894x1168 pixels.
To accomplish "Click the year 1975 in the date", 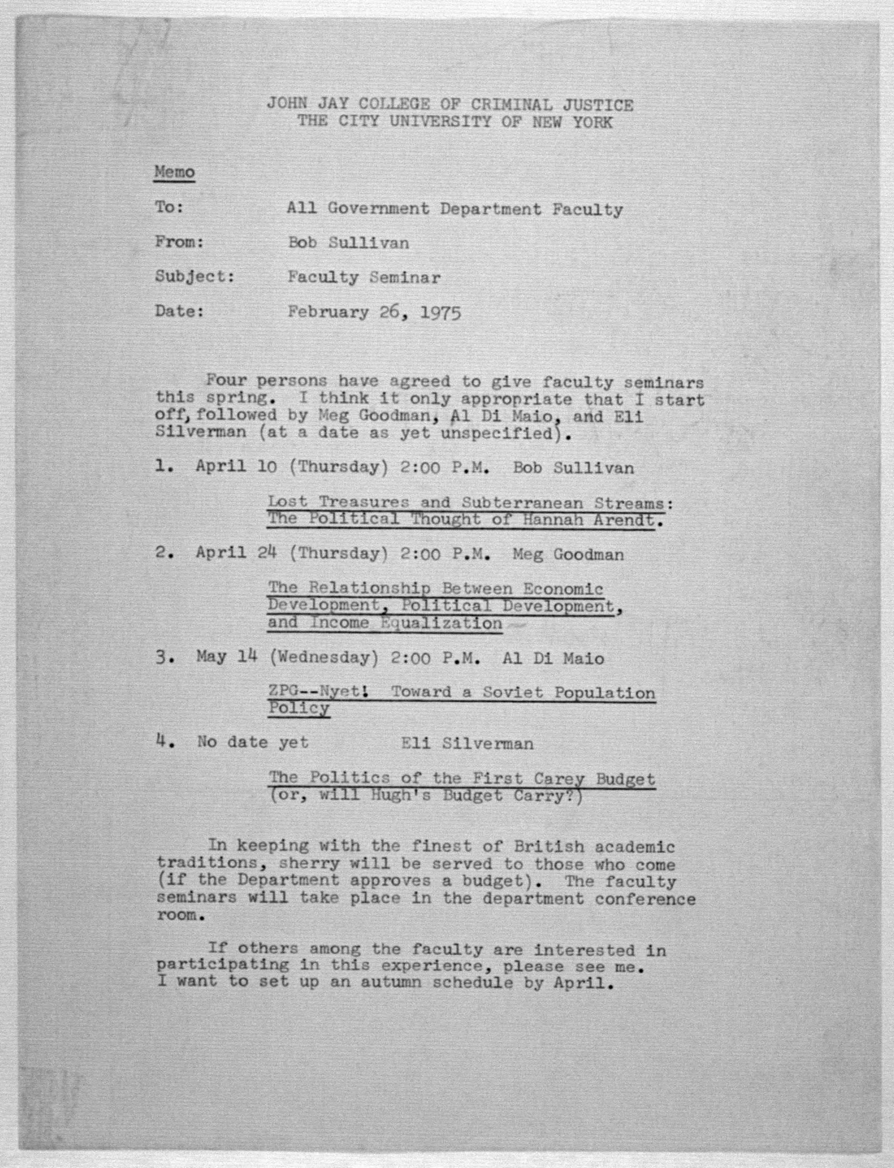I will click(440, 312).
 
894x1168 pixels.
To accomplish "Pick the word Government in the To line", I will click(378, 209).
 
